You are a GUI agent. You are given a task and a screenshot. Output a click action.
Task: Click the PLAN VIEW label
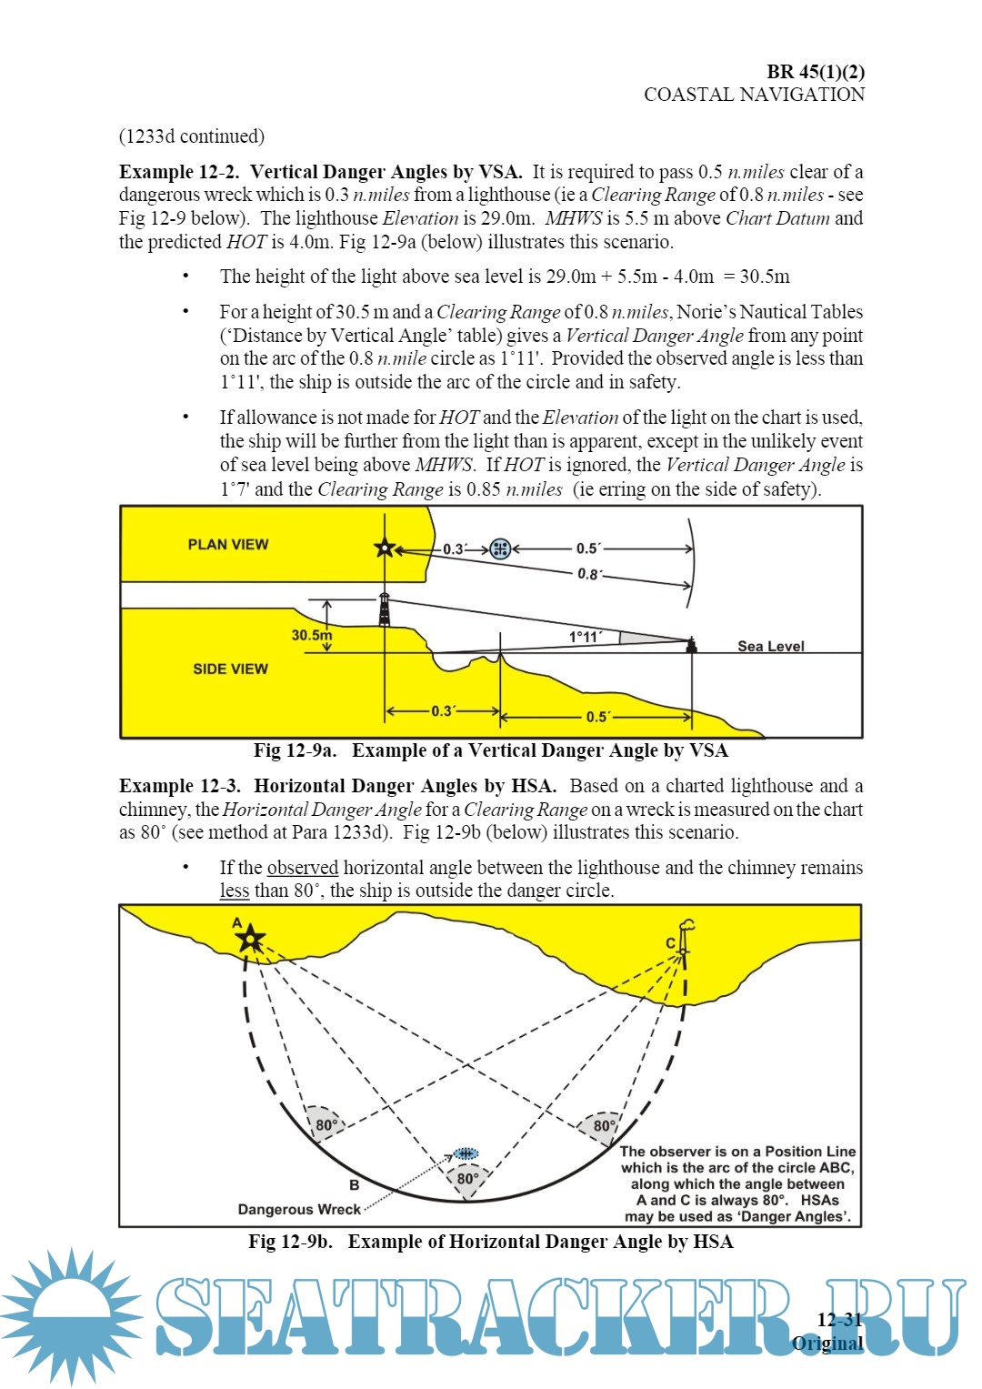pos(228,544)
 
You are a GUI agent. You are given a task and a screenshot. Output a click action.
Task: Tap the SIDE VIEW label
pos(230,669)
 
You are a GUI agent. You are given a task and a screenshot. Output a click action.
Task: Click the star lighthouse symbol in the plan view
pos(385,548)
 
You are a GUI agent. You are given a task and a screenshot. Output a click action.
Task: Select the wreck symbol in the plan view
pos(499,548)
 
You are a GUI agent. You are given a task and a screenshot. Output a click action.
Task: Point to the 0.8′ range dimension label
pos(588,574)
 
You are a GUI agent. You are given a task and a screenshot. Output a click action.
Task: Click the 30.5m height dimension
pos(311,635)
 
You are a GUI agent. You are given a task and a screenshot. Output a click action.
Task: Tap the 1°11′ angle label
pos(585,637)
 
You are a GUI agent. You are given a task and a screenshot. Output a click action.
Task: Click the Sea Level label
pos(770,646)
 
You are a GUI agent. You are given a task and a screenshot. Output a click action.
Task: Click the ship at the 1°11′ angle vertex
pos(691,645)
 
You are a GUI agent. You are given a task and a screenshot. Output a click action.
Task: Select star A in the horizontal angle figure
pos(250,939)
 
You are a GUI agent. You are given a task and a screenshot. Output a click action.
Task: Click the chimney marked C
pos(685,937)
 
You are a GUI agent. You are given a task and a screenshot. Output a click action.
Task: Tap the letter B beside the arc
pos(354,1184)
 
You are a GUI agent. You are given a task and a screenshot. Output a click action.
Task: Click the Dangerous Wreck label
pos(299,1209)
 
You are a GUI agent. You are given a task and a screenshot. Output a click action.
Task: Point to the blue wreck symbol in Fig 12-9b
pos(466,1153)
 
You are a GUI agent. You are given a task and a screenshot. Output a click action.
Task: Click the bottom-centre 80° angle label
pos(468,1178)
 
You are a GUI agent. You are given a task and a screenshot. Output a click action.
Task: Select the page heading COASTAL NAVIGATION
pos(754,95)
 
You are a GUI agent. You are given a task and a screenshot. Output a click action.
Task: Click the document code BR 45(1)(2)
pos(815,71)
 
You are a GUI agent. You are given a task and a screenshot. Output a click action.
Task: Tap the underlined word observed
pos(303,867)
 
